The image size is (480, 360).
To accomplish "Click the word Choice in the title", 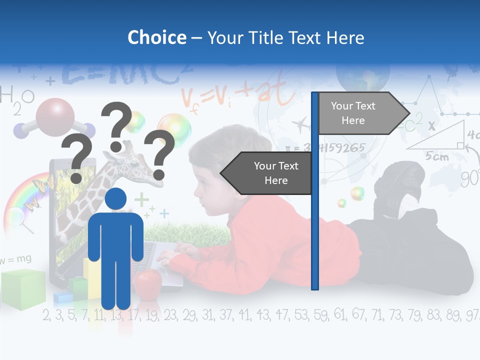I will (x=156, y=37).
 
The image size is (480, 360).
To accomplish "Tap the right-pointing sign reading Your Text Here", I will (x=358, y=113).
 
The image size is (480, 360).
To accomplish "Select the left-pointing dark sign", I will (x=270, y=173).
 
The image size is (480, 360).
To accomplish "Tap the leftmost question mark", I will (x=77, y=159).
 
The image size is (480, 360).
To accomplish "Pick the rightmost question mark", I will (x=159, y=152).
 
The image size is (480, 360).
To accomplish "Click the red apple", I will (x=147, y=283).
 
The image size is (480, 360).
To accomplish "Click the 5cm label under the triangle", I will (x=436, y=156).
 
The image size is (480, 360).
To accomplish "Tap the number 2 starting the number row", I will (x=46, y=315).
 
